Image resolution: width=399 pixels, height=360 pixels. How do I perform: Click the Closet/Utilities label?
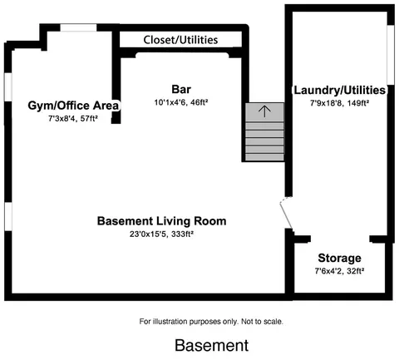click(x=180, y=40)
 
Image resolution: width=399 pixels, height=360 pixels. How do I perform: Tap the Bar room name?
click(x=181, y=89)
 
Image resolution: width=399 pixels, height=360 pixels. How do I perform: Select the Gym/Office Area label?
click(x=73, y=106)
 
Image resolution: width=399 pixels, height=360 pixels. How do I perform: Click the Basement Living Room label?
click(x=161, y=221)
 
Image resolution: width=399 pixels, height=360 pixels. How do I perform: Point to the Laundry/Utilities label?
click(x=340, y=90)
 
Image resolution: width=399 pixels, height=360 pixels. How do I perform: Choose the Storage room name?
click(x=339, y=258)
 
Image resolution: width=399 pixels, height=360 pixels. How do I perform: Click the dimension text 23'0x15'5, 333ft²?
click(x=161, y=234)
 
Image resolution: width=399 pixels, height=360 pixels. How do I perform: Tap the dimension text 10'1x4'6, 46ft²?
click(x=181, y=102)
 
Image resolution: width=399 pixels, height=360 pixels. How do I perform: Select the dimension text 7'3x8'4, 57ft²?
click(x=73, y=119)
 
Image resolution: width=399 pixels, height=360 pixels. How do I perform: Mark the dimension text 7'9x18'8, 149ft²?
click(x=339, y=103)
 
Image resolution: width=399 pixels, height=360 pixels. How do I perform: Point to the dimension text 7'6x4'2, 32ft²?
click(x=339, y=271)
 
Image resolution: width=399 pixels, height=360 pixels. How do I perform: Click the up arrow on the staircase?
click(x=264, y=111)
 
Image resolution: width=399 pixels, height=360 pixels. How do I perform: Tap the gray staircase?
click(x=264, y=132)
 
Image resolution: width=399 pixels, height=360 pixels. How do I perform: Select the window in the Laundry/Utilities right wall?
click(x=391, y=55)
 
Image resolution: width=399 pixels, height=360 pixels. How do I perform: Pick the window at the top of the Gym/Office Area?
click(x=78, y=27)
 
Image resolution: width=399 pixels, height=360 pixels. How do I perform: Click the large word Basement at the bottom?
click(x=212, y=345)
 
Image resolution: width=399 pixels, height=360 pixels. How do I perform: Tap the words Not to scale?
click(x=262, y=322)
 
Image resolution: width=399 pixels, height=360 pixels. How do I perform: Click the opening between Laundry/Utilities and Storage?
click(x=340, y=239)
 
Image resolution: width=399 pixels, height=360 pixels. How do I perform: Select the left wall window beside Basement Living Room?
click(x=8, y=216)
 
